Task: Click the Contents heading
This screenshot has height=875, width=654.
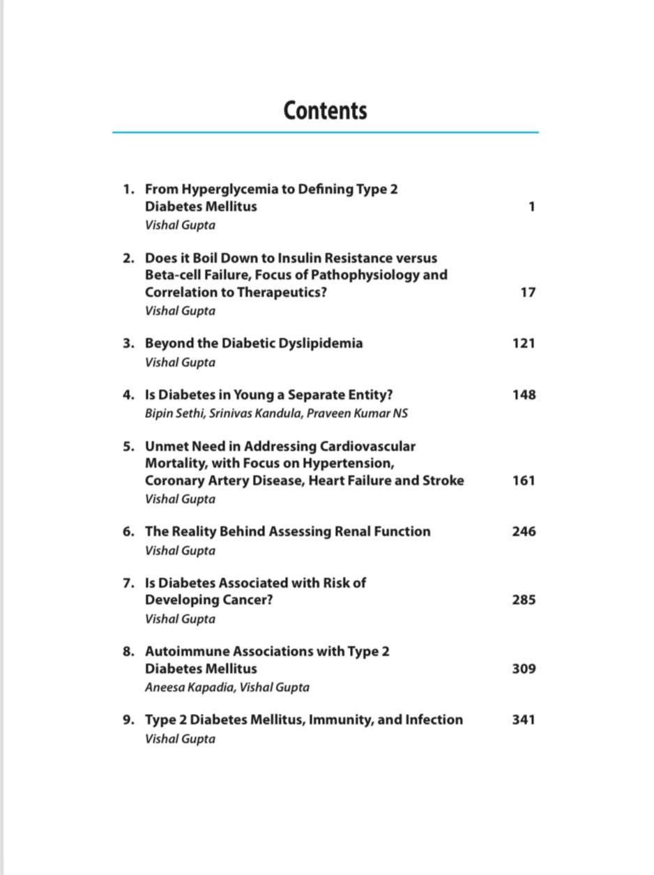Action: pyautogui.click(x=325, y=111)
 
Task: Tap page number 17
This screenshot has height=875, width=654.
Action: pyautogui.click(x=528, y=292)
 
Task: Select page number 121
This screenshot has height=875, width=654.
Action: pyautogui.click(x=524, y=343)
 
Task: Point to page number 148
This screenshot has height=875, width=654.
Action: pyautogui.click(x=524, y=395)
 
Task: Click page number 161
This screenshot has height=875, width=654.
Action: pyautogui.click(x=524, y=480)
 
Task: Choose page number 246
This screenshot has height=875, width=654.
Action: pyautogui.click(x=524, y=531)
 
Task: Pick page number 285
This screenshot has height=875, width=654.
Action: pyautogui.click(x=524, y=600)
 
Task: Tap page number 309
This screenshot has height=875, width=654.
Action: pyautogui.click(x=524, y=669)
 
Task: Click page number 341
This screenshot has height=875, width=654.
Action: pyautogui.click(x=524, y=720)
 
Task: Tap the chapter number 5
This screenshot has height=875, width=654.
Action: pyautogui.click(x=128, y=446)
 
